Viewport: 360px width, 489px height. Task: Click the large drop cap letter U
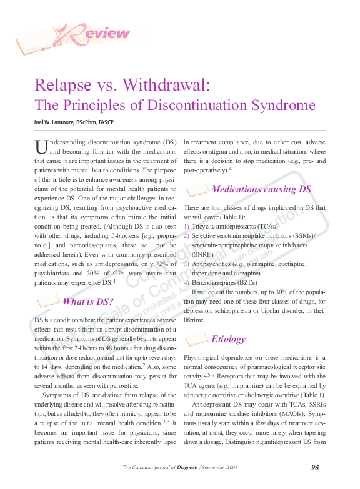[x=41, y=147]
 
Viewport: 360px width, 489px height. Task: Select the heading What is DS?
[x=87, y=302]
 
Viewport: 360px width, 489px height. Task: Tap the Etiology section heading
[x=228, y=339]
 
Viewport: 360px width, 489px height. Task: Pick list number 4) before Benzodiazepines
[x=187, y=282]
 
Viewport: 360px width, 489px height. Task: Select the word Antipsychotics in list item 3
[x=213, y=263]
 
